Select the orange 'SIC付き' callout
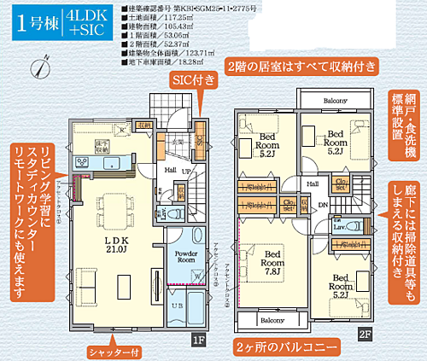[x=195, y=79]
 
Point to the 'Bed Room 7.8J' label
[x=272, y=260]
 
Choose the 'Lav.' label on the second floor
[x=338, y=226]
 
